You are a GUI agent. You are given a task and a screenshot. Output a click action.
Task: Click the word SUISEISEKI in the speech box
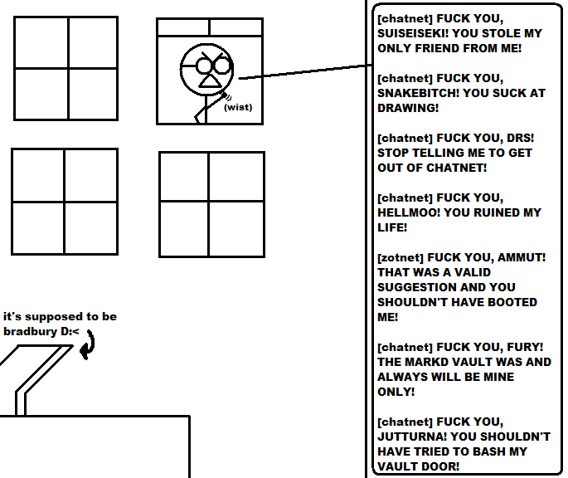point(412,33)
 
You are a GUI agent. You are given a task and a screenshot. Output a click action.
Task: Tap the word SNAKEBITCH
point(418,93)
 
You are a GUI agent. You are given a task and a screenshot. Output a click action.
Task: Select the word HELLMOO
point(407,212)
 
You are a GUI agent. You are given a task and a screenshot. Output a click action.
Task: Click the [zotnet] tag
point(401,258)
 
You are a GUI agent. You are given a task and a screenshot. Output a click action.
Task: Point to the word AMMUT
point(520,257)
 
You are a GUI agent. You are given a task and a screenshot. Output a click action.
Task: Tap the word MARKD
point(427,362)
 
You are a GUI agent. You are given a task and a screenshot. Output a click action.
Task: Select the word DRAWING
point(406,108)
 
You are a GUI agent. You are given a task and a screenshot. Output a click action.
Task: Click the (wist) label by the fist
point(238,107)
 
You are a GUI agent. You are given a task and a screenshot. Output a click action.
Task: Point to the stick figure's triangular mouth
point(210,80)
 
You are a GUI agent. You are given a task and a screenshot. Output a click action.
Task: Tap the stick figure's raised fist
point(226,95)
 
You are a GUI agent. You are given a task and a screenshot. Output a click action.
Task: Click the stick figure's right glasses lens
point(222,66)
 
